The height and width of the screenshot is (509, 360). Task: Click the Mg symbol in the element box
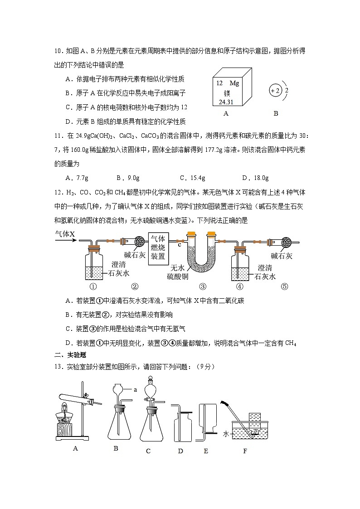pos(234,83)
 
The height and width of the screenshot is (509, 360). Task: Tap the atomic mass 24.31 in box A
pos(225,102)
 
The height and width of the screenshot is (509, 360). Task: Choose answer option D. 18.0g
pos(256,178)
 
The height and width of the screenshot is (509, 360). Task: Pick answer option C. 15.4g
pos(193,178)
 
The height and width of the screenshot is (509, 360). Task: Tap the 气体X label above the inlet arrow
pos(65,234)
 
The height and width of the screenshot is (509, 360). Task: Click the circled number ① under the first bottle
pos(93,286)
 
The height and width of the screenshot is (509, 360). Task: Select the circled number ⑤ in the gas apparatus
pos(284,286)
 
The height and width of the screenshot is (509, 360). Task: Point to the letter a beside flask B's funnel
pos(135,389)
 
